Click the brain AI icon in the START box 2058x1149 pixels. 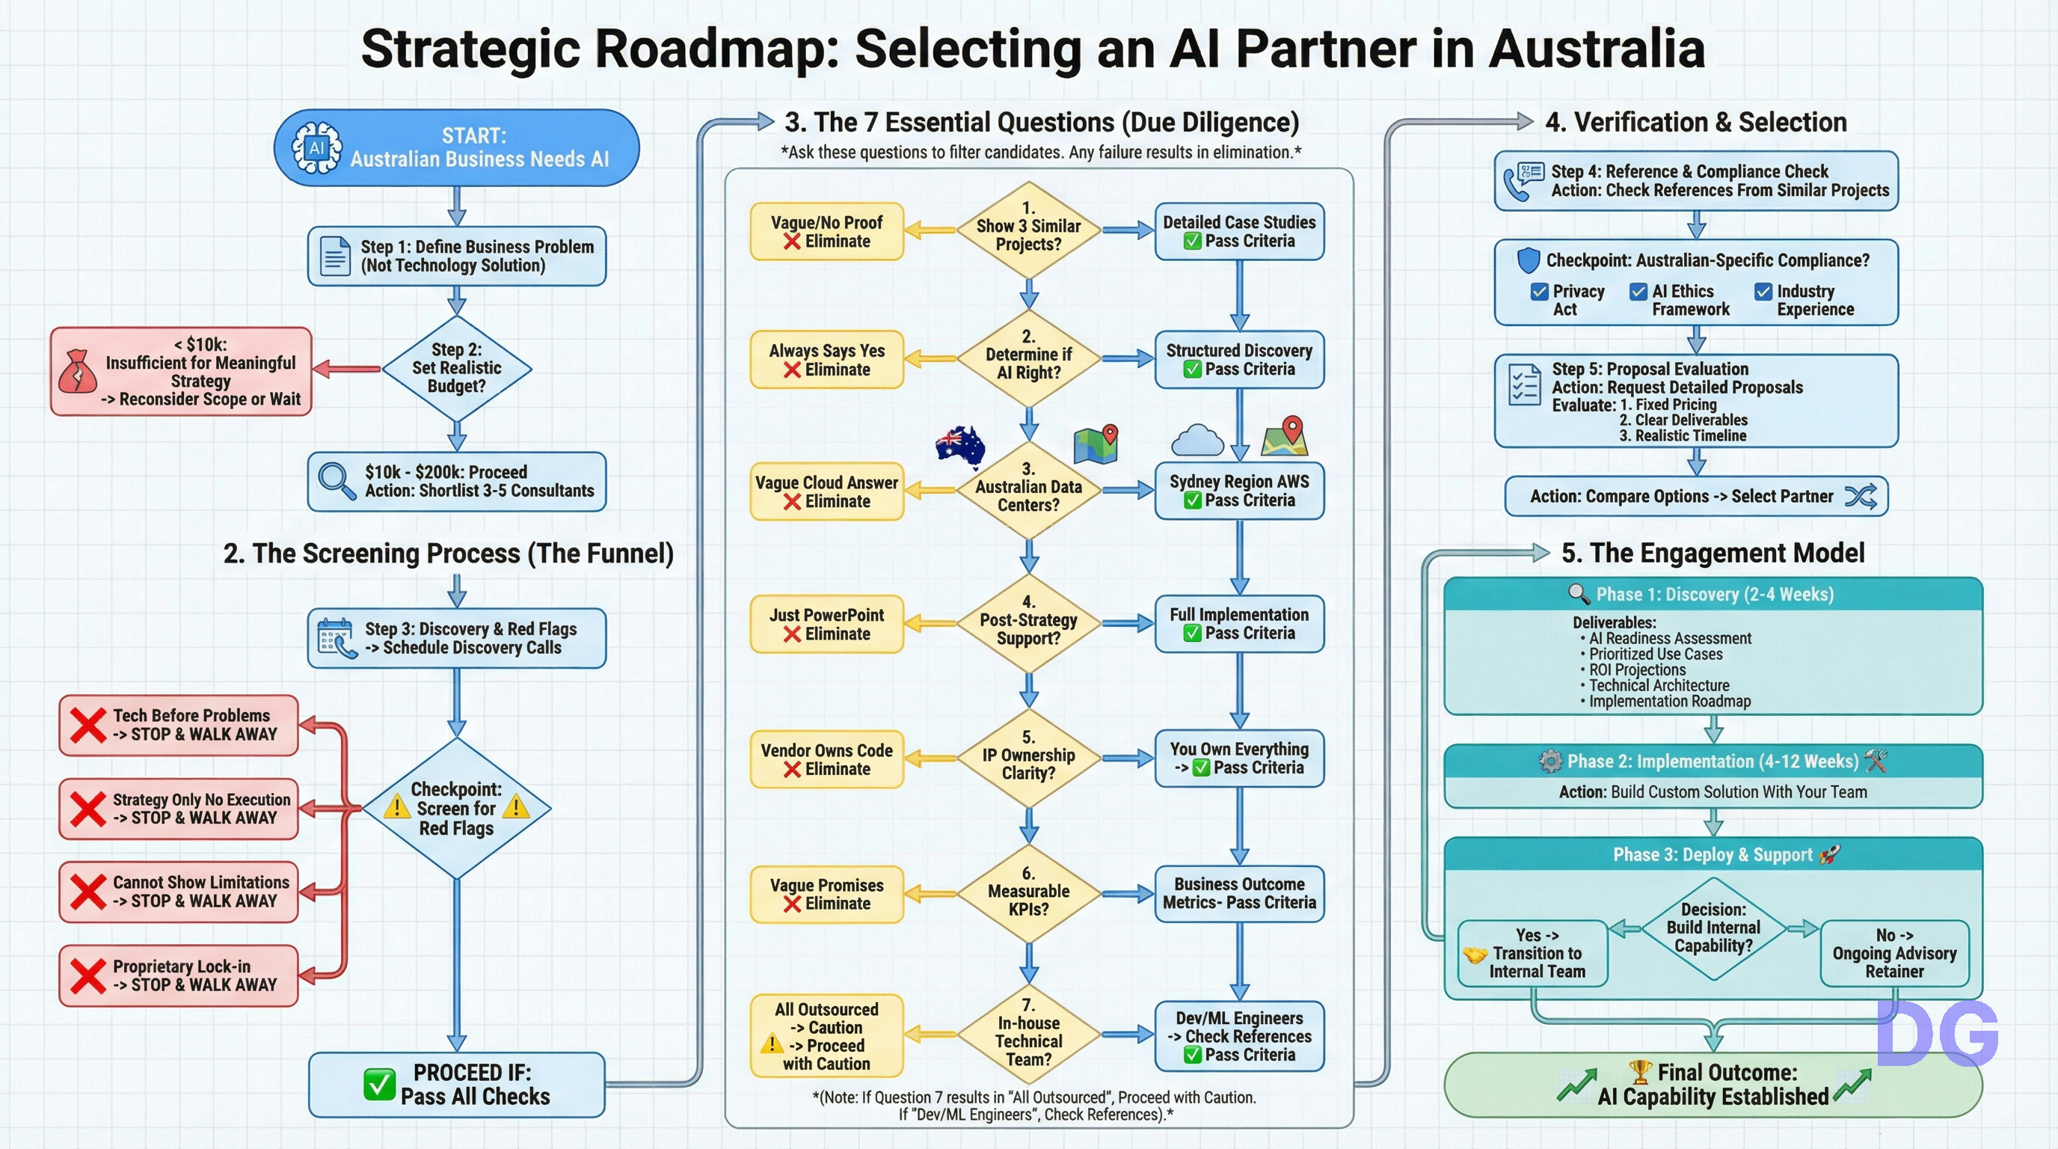click(x=316, y=148)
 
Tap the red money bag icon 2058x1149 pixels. click(x=78, y=372)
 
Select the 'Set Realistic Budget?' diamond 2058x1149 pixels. click(x=456, y=368)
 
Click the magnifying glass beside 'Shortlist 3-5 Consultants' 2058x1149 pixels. click(x=337, y=480)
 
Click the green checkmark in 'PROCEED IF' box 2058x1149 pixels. click(x=378, y=1084)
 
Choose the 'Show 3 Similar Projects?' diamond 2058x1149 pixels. click(x=1028, y=230)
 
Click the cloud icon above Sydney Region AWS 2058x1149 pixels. click(x=1197, y=441)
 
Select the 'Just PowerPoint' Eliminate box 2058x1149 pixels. click(x=826, y=624)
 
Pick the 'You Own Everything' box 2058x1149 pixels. click(x=1239, y=759)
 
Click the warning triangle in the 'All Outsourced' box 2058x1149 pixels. click(x=772, y=1044)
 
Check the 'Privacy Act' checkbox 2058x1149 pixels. click(x=1540, y=292)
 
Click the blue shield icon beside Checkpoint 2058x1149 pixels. click(x=1528, y=260)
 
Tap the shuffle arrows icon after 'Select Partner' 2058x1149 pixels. click(x=1861, y=496)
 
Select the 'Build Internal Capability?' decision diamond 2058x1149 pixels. click(x=1713, y=928)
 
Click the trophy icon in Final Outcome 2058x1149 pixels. click(x=1639, y=1070)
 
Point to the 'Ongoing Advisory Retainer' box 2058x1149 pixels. click(x=1894, y=953)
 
